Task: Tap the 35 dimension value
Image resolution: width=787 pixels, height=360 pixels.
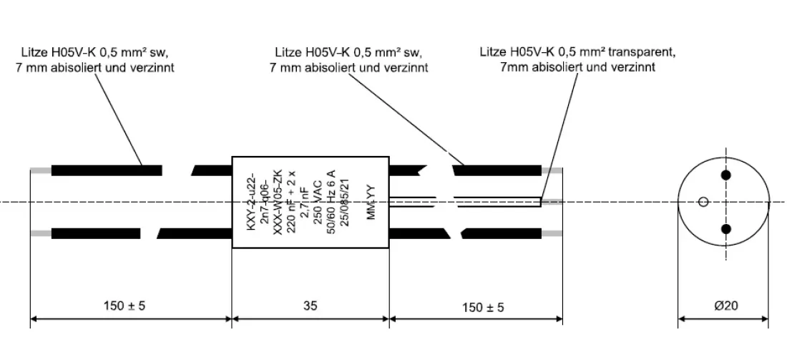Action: pos(310,306)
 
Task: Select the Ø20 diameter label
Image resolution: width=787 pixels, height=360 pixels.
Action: pos(724,306)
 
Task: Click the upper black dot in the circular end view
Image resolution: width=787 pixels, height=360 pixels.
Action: pos(727,175)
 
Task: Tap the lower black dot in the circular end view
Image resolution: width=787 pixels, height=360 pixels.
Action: pos(727,229)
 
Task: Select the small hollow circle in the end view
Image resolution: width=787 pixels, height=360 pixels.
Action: pos(704,202)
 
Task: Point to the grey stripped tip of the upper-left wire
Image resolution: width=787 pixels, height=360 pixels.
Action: pos(40,170)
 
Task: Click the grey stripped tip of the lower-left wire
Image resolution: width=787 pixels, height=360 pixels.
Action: pos(40,233)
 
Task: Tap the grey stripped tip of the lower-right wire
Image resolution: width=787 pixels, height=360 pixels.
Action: pos(552,233)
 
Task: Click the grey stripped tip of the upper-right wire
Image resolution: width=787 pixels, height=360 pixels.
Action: pos(552,170)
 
